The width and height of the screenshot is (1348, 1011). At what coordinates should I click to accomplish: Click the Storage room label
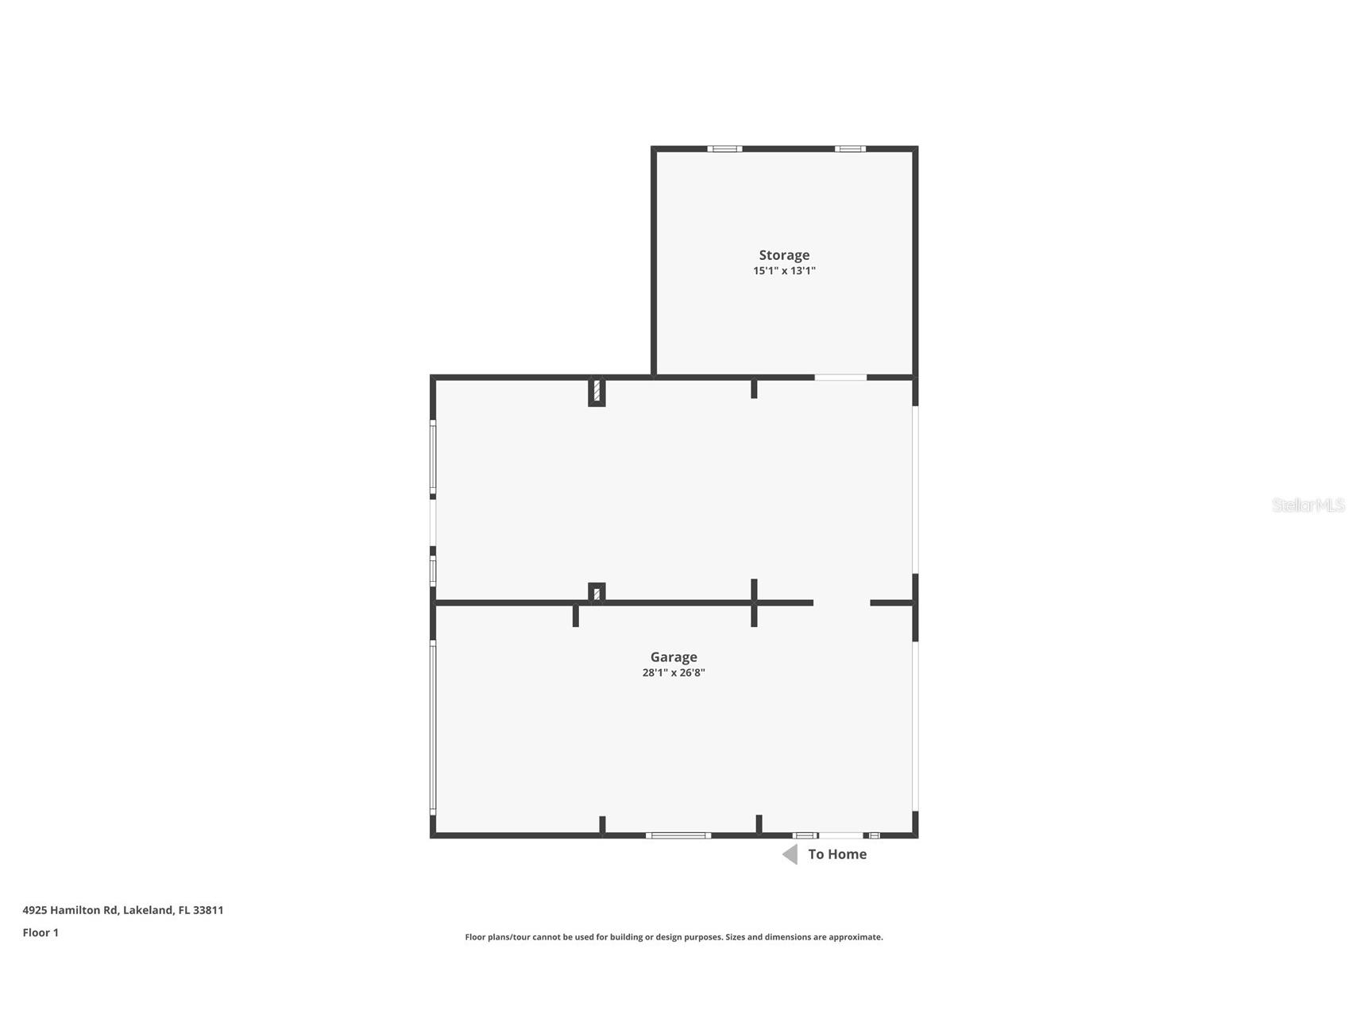[x=784, y=255]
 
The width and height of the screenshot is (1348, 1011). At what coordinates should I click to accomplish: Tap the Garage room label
[x=674, y=657]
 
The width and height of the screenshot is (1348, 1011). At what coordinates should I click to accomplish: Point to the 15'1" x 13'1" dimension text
[x=784, y=271]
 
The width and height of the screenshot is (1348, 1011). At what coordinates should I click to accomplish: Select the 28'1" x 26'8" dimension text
[x=674, y=673]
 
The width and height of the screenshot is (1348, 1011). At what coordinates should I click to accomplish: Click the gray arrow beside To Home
[x=790, y=854]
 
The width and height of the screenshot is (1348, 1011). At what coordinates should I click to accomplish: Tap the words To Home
[x=837, y=854]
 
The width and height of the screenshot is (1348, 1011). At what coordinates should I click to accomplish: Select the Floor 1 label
[x=41, y=932]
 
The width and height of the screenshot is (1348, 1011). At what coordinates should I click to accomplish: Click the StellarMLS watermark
[x=1307, y=505]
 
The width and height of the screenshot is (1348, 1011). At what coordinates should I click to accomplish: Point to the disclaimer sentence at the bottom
[x=674, y=937]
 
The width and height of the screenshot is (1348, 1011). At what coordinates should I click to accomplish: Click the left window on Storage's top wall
[x=724, y=149]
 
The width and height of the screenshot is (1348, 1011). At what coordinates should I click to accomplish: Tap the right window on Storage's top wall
[x=850, y=149]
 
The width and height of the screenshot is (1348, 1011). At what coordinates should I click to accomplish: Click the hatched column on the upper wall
[x=597, y=392]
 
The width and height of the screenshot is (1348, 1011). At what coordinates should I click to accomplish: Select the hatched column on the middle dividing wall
[x=597, y=593]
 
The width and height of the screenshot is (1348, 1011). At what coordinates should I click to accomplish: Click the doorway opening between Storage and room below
[x=840, y=378]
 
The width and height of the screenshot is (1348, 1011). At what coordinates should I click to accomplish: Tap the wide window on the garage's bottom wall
[x=678, y=835]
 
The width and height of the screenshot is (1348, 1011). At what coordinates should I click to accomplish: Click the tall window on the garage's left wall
[x=433, y=727]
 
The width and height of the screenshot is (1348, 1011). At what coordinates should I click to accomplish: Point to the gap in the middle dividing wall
[x=841, y=602]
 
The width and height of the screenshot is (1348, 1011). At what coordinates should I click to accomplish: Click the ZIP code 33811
[x=208, y=910]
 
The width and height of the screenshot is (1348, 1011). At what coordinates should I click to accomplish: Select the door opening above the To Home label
[x=841, y=835]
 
